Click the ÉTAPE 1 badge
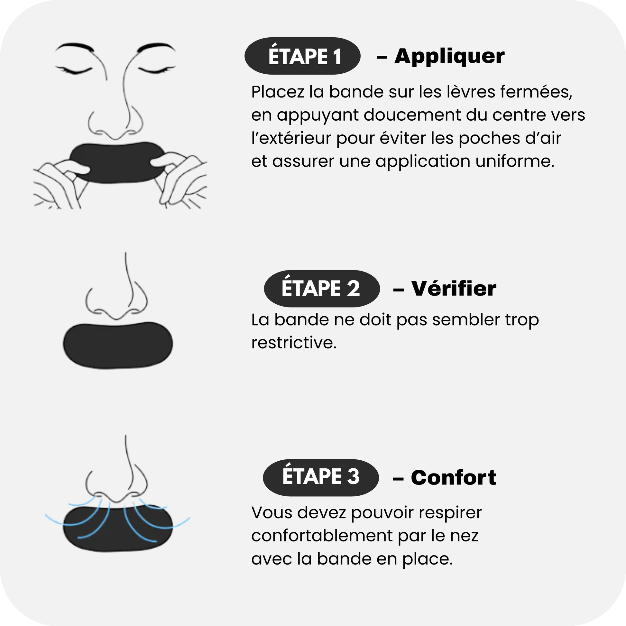pyautogui.click(x=302, y=56)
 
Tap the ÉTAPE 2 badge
pyautogui.click(x=322, y=288)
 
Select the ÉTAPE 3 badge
pyautogui.click(x=321, y=478)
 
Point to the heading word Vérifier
pyautogui.click(x=454, y=288)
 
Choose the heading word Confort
pyautogui.click(x=454, y=478)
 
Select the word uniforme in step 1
pyautogui.click(x=515, y=161)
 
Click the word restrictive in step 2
pyautogui.click(x=294, y=343)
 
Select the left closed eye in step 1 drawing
pyautogui.click(x=74, y=70)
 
